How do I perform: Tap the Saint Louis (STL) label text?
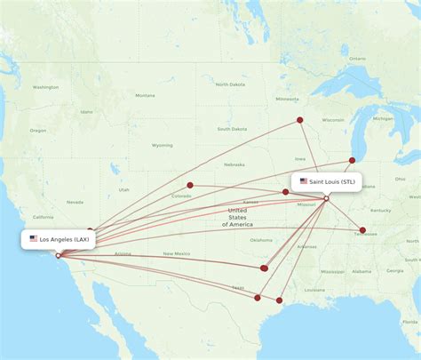(333, 181)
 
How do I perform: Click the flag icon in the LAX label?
(34, 239)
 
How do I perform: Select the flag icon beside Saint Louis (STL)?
(304, 181)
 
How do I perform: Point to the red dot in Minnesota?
(299, 119)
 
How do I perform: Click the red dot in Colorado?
(190, 186)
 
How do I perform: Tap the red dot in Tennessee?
(362, 230)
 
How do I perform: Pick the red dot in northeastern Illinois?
(353, 161)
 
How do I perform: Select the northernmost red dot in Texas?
(264, 268)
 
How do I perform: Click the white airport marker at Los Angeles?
(59, 256)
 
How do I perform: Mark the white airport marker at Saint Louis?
(326, 198)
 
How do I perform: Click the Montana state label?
(145, 95)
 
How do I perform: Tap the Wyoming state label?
(162, 145)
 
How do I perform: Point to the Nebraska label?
(234, 164)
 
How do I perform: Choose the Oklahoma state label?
(261, 240)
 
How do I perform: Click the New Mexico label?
(176, 254)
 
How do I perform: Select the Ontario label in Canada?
(357, 59)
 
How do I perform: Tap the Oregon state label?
(37, 131)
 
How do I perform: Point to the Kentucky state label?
(380, 210)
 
